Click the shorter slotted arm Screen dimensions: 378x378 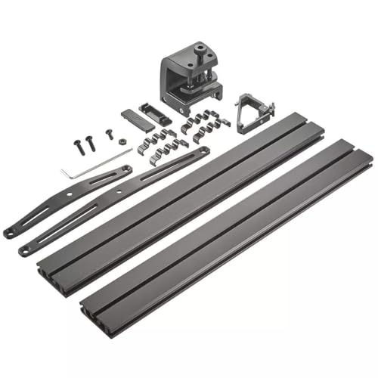tap(68, 200)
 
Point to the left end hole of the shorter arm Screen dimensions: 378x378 tap(11, 233)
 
